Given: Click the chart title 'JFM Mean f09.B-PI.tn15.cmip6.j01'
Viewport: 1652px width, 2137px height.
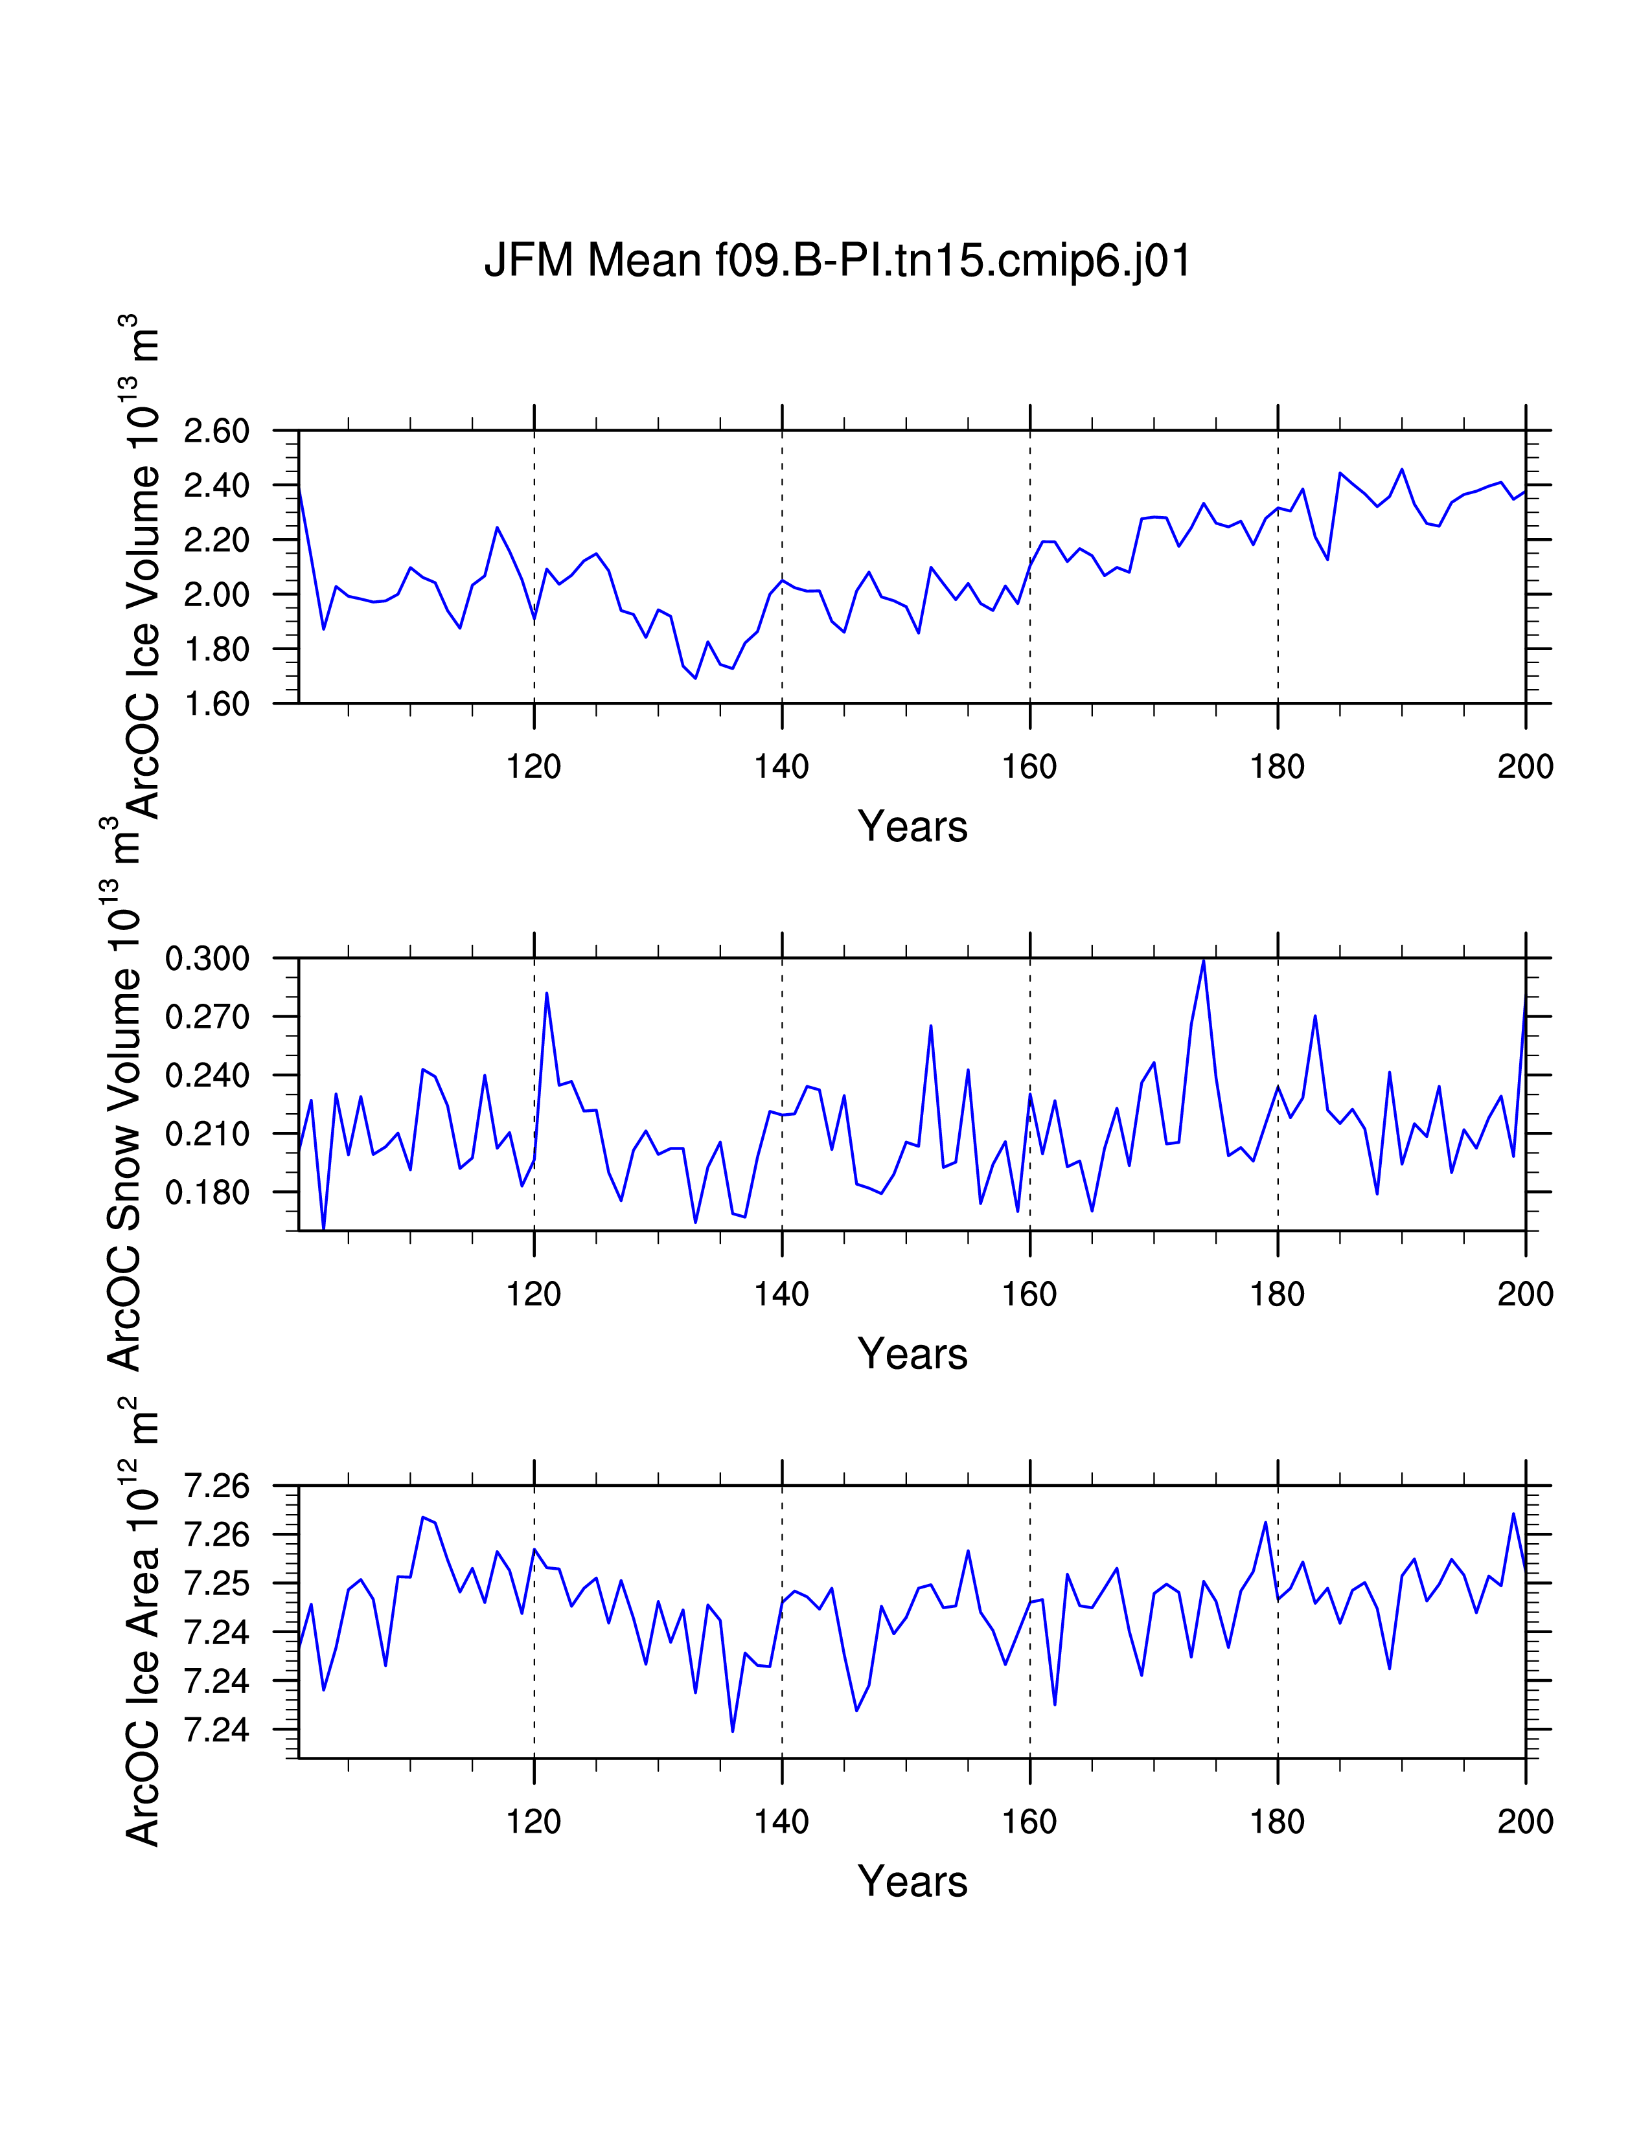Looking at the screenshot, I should click(838, 261).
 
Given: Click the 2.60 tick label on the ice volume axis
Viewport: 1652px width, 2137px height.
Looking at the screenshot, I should click(216, 431).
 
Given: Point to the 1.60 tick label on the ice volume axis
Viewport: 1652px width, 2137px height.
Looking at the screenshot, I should click(216, 703).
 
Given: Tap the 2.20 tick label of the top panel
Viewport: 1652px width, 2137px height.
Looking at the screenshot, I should click(216, 540).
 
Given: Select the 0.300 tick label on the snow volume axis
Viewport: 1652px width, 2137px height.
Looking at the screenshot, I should click(207, 958).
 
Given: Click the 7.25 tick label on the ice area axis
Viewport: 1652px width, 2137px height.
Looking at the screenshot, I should click(216, 1583).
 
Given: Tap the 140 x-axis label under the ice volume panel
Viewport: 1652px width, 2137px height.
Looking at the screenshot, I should click(781, 766).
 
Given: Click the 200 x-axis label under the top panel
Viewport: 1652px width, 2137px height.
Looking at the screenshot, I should click(1525, 766).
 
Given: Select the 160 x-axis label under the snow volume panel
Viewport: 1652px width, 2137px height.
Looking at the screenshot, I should click(1029, 1295).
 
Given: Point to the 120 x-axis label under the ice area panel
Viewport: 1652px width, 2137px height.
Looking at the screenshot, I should click(533, 1822).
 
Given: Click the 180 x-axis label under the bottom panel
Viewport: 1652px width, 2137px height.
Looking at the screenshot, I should click(1277, 1822).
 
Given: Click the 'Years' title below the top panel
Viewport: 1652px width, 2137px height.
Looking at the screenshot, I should click(912, 827).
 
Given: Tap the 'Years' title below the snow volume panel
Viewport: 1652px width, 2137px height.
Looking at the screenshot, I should click(912, 1354).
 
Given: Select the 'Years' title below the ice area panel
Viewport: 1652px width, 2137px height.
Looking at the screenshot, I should click(912, 1882).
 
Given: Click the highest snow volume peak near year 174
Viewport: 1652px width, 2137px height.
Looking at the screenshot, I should click(1204, 960).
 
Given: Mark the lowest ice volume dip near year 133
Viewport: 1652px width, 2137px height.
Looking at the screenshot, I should click(696, 677).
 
